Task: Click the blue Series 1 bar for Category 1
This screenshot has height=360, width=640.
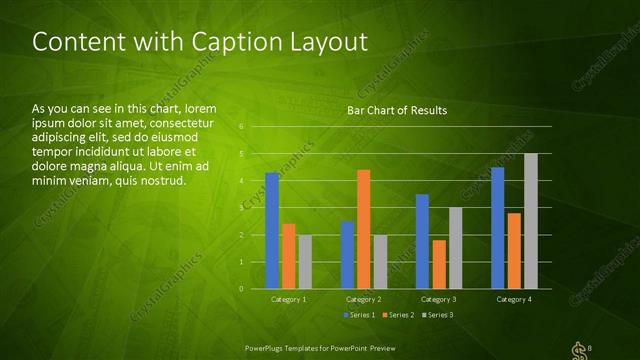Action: (x=272, y=231)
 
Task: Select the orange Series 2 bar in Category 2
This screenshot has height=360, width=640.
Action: (x=363, y=229)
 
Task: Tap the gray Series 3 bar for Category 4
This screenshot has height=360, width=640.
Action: (x=530, y=221)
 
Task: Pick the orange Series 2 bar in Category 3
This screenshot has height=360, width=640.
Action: (x=439, y=264)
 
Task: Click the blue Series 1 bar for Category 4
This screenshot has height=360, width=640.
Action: (x=497, y=228)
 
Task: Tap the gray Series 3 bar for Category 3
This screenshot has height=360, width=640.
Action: (x=455, y=248)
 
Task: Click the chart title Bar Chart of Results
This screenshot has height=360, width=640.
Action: (x=397, y=110)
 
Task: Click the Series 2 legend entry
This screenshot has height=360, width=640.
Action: (x=398, y=315)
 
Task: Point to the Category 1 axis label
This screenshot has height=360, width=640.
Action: (x=289, y=299)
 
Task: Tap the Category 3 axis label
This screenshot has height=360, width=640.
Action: (x=438, y=299)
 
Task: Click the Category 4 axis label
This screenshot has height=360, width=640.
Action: (x=513, y=299)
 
